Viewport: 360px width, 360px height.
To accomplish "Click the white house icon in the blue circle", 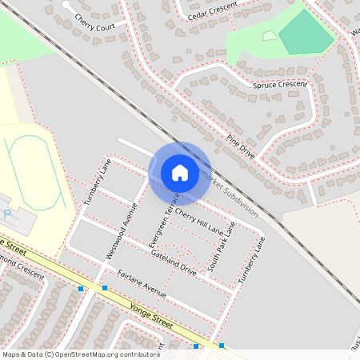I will point(180,172).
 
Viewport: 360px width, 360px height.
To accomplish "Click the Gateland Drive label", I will point(173,262).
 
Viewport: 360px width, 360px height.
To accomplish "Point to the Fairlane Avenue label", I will point(141,286).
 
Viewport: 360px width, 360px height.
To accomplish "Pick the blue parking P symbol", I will point(7,214).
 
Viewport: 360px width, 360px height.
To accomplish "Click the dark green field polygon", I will point(306,33).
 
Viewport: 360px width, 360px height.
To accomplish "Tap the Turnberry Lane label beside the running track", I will point(96,183).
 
